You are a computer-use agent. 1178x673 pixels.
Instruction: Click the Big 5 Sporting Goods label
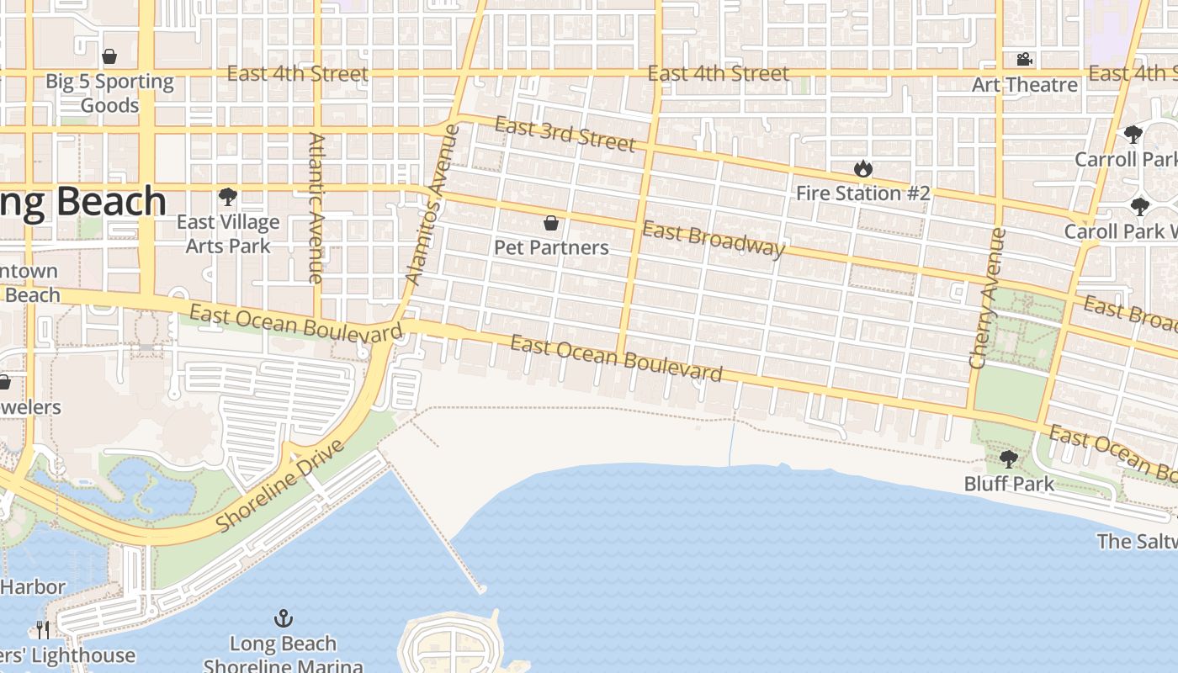click(109, 93)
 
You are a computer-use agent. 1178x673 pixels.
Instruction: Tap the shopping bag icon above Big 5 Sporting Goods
click(109, 57)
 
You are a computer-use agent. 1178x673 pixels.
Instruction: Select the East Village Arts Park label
click(227, 234)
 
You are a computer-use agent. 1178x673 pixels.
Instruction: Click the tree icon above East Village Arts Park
click(227, 198)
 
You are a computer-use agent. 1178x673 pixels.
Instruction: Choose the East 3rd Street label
click(565, 135)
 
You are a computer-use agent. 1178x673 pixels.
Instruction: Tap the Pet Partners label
click(551, 247)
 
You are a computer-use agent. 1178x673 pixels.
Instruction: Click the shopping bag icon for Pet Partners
click(551, 223)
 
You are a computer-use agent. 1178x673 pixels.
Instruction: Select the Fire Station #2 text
click(863, 193)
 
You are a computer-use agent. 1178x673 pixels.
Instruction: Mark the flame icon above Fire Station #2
click(862, 169)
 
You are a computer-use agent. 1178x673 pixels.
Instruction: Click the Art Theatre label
click(1024, 85)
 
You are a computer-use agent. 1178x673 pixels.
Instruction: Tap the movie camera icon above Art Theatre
click(1024, 60)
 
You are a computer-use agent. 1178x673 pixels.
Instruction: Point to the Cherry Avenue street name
click(982, 299)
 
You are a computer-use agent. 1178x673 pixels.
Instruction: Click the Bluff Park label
click(1009, 484)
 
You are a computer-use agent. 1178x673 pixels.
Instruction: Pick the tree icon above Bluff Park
click(1009, 459)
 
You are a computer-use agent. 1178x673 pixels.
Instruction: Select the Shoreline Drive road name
click(280, 486)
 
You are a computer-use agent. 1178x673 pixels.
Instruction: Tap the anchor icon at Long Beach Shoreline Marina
click(284, 619)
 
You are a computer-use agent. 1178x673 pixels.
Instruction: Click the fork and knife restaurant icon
click(42, 629)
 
